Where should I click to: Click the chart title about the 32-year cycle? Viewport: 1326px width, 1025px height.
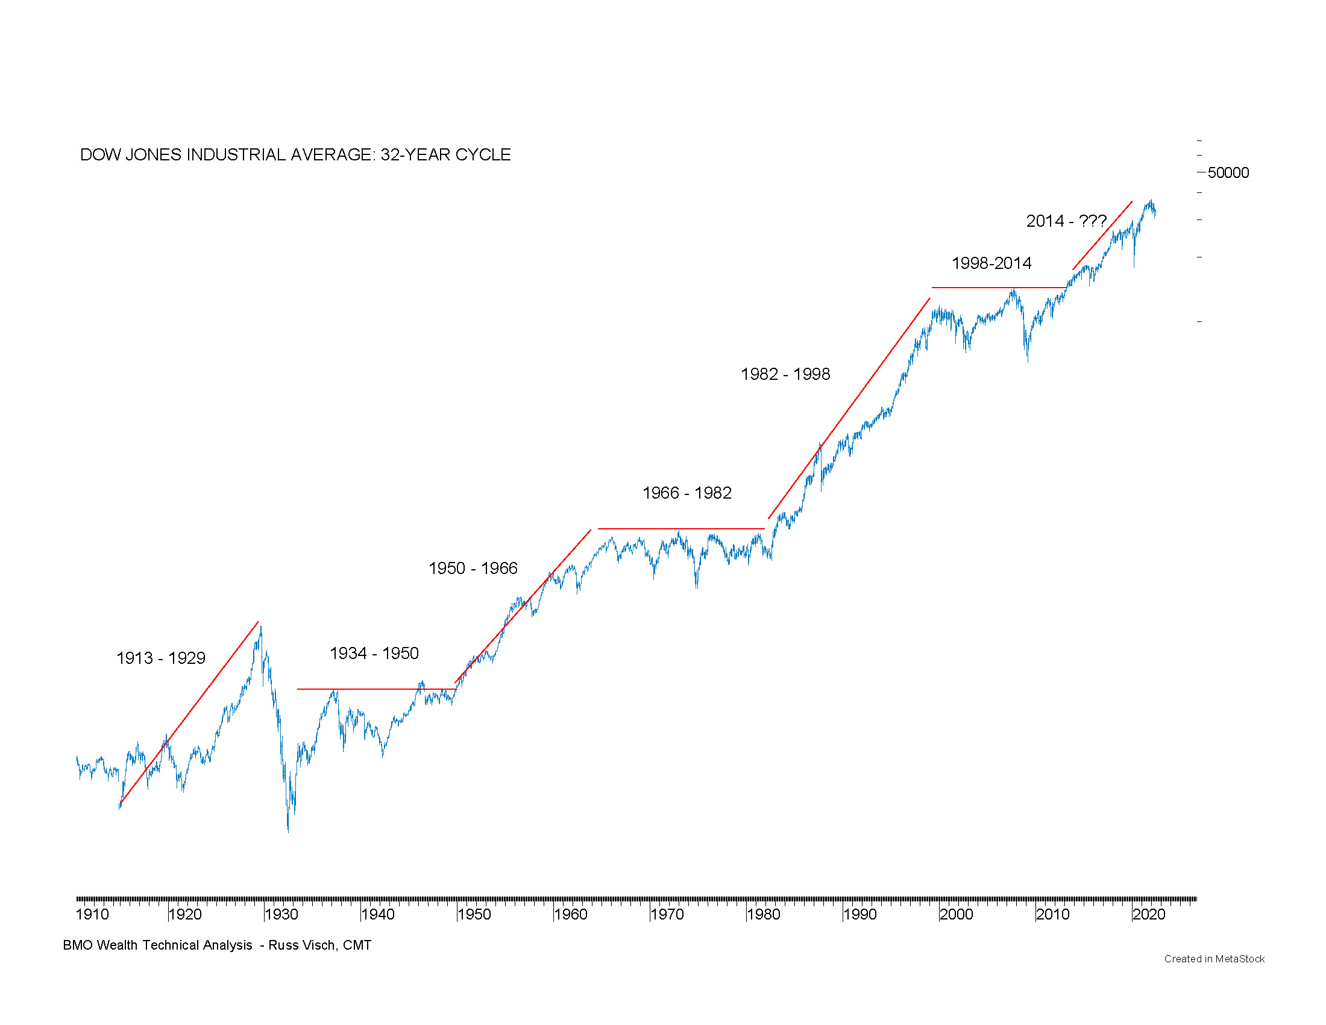tap(295, 155)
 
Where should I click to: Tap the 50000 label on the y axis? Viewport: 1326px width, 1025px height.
tap(1228, 173)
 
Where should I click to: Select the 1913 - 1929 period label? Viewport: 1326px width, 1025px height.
tap(161, 658)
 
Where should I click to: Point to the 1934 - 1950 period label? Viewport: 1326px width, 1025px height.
tap(374, 654)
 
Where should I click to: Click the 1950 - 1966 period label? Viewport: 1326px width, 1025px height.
tap(473, 569)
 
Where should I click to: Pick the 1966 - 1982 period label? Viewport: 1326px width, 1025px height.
tap(687, 493)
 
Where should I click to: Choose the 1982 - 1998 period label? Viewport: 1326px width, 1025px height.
tap(785, 374)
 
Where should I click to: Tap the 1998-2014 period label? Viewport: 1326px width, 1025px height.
tap(991, 263)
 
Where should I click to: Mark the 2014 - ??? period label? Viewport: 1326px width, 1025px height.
tap(1066, 221)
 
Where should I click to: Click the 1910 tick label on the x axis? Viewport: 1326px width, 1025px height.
tap(92, 915)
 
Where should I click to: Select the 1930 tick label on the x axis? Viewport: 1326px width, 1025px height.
tap(281, 915)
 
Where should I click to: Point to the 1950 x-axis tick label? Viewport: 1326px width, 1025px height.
tap(474, 915)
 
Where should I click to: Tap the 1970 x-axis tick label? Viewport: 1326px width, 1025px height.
tap(667, 915)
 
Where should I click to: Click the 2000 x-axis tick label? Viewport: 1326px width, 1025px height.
tap(957, 915)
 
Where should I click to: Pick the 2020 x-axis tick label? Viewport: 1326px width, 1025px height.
tap(1149, 915)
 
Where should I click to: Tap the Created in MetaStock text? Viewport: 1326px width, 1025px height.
tap(1214, 959)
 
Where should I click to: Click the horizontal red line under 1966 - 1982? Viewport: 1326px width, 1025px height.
tap(680, 529)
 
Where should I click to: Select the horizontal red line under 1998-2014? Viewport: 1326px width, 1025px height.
tap(999, 288)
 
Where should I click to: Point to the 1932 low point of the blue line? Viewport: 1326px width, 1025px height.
tap(288, 831)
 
